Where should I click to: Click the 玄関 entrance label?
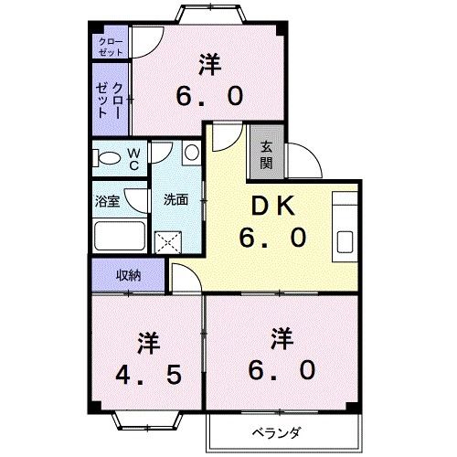(266, 154)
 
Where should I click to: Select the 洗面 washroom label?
(176, 200)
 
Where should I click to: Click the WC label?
(133, 159)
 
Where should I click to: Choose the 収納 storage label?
(128, 274)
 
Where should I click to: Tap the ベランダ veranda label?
(277, 431)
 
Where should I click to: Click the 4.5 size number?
(149, 376)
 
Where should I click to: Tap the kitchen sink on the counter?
(346, 241)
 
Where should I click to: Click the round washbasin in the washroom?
(190, 153)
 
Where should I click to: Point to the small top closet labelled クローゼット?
(111, 47)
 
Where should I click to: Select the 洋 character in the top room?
(209, 65)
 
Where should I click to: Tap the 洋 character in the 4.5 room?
(148, 345)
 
